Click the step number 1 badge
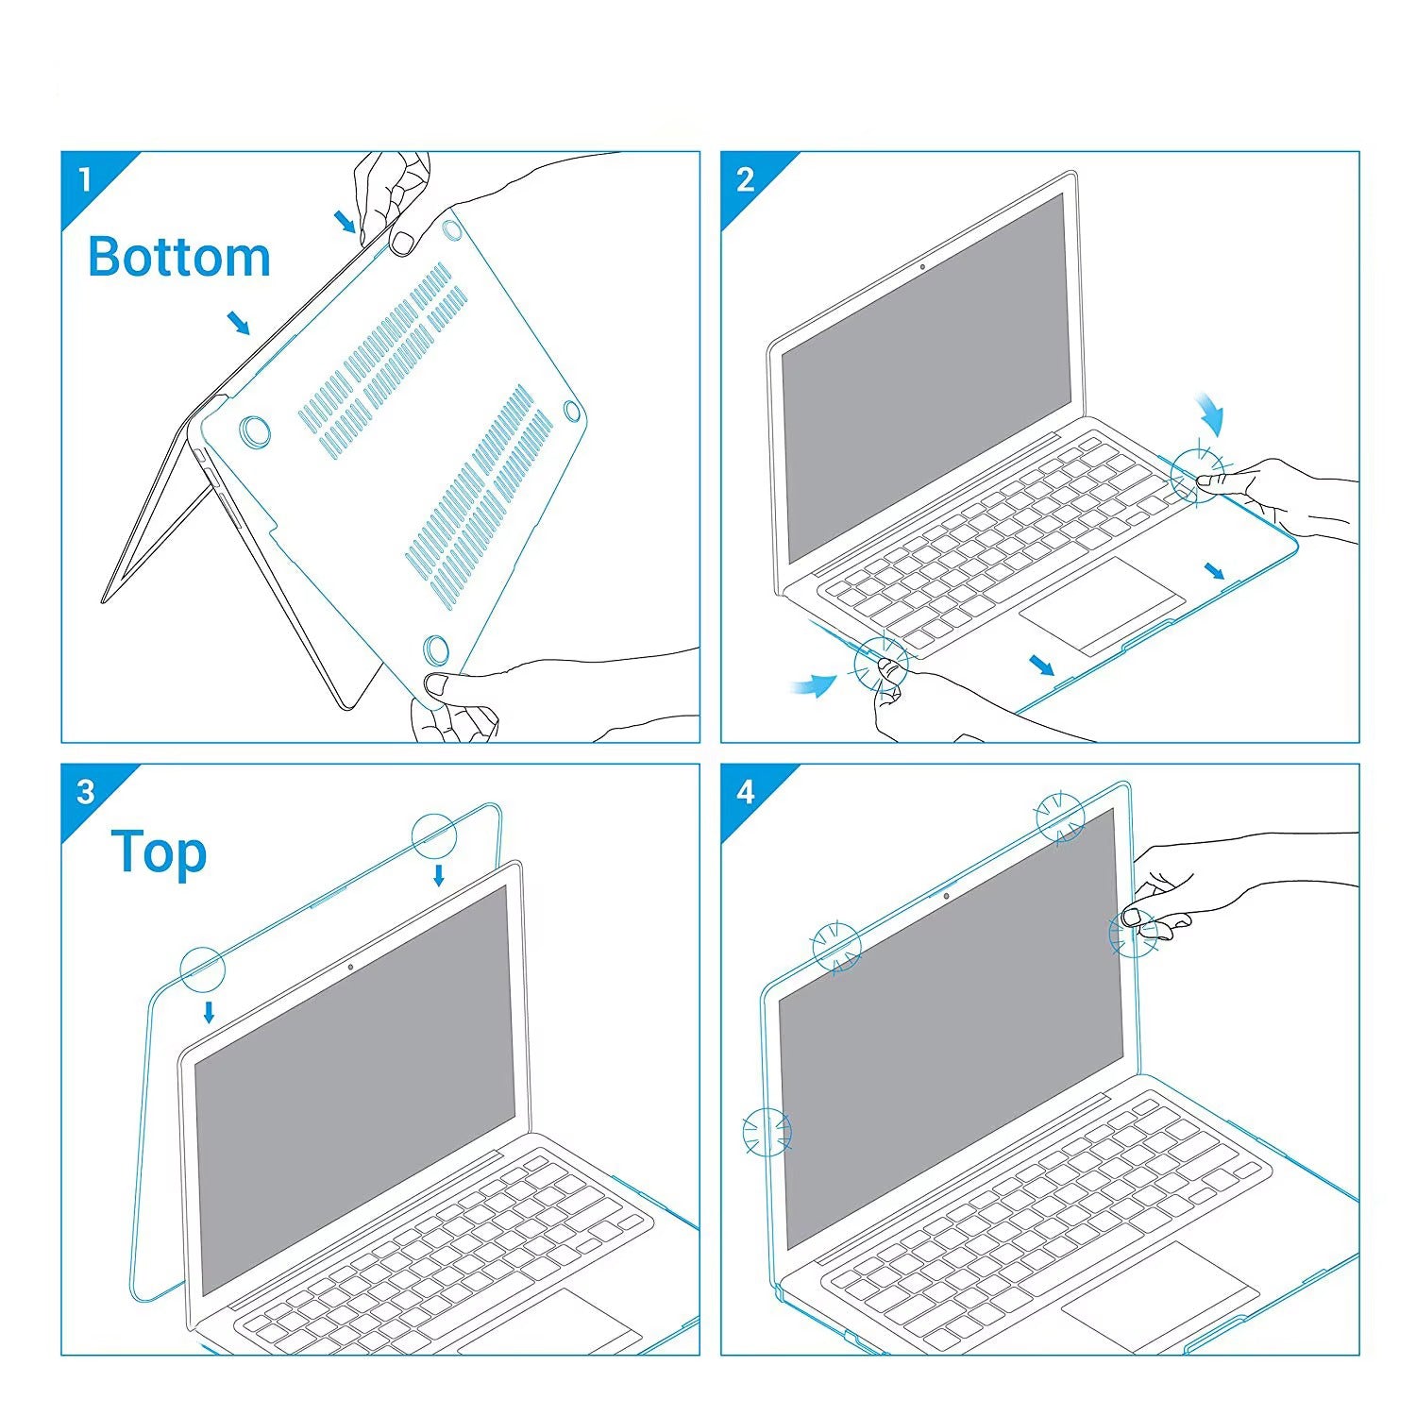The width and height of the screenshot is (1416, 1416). click(x=86, y=178)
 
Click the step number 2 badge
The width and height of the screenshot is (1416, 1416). click(x=746, y=178)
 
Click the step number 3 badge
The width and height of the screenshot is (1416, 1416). click(x=86, y=790)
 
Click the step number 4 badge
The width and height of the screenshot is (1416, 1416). click(x=746, y=790)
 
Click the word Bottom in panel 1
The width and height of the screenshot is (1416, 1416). click(x=179, y=257)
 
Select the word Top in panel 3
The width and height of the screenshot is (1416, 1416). click(x=159, y=852)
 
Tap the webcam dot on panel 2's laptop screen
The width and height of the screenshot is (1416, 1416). click(x=922, y=267)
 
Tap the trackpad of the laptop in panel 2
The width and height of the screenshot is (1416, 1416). click(x=1102, y=605)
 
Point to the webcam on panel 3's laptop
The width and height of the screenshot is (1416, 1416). click(x=351, y=967)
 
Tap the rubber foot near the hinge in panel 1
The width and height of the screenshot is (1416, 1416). click(x=254, y=430)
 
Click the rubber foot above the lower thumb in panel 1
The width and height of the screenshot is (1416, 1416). click(x=436, y=648)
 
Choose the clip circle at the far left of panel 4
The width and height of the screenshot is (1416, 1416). click(x=767, y=1132)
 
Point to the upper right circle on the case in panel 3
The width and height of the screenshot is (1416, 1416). click(x=434, y=834)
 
